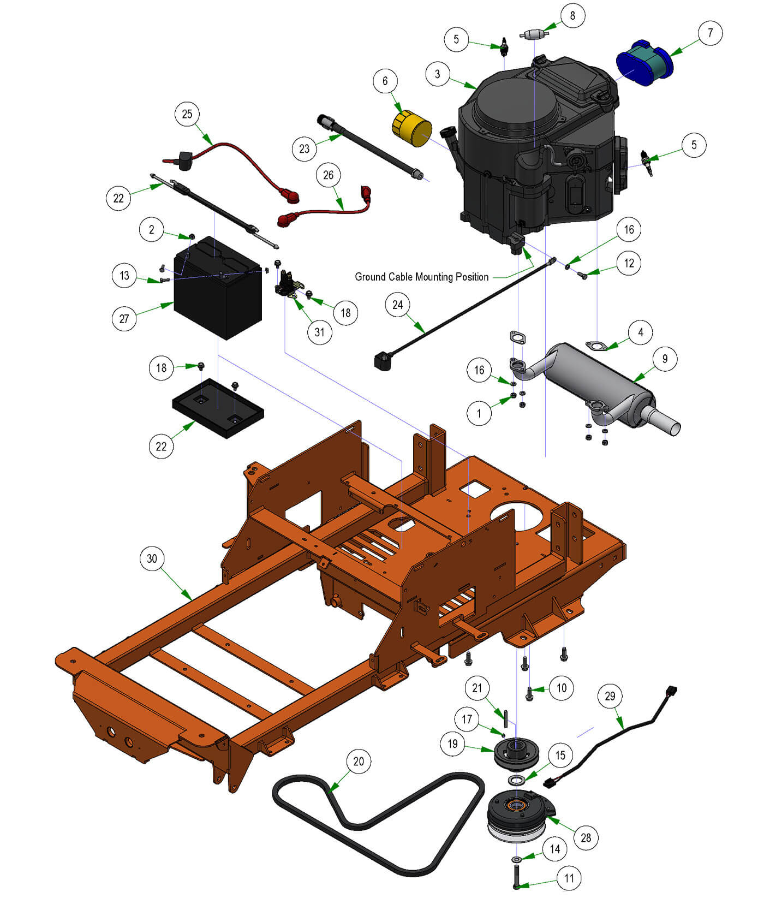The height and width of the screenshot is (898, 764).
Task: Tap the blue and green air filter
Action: tap(644, 63)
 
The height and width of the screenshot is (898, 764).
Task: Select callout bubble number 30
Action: tap(152, 558)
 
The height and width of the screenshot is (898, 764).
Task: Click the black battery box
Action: tap(218, 295)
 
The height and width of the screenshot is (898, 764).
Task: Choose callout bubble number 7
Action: tap(710, 33)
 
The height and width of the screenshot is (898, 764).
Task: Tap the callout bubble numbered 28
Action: tap(586, 837)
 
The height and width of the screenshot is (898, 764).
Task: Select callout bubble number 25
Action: tap(187, 114)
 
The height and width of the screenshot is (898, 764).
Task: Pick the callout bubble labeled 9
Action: tap(665, 359)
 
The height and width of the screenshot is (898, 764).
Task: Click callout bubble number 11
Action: tap(569, 878)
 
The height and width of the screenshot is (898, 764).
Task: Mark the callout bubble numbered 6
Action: tap(385, 81)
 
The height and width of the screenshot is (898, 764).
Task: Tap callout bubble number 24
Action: tap(398, 305)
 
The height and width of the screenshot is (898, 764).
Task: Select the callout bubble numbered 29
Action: tap(610, 696)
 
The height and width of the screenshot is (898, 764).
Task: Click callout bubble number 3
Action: tap(438, 74)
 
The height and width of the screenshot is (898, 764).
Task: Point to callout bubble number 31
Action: tap(320, 332)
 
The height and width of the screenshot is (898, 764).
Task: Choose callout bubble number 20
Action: tap(359, 762)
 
